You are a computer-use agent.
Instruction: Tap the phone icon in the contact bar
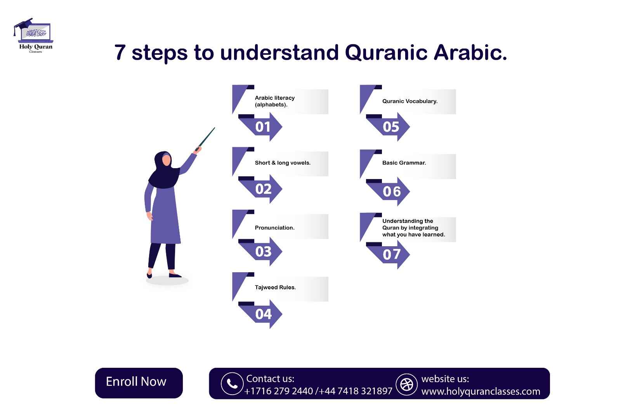click(232, 384)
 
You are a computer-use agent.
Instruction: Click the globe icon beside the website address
click(406, 384)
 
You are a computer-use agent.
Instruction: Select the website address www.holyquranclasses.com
click(480, 391)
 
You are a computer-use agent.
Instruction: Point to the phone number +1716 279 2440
click(279, 391)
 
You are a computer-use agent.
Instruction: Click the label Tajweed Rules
click(275, 287)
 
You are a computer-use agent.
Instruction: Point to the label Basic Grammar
click(404, 163)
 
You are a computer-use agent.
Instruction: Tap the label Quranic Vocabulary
click(410, 101)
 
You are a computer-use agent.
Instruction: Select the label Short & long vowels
click(283, 163)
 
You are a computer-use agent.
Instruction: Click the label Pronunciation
click(274, 228)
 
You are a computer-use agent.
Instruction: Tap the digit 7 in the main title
click(120, 53)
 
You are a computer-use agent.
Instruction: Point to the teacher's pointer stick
click(206, 138)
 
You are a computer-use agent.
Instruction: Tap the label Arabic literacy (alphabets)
click(275, 101)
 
